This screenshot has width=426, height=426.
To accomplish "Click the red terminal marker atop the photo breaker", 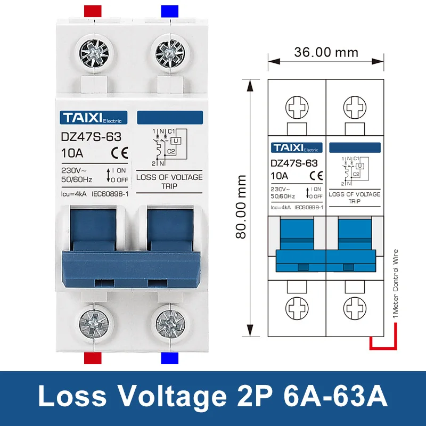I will [94, 11].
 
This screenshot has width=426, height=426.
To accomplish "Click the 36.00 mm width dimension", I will [325, 53].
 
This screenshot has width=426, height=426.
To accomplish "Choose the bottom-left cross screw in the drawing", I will [296, 307].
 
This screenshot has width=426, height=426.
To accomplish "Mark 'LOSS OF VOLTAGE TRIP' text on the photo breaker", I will [170, 182].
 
